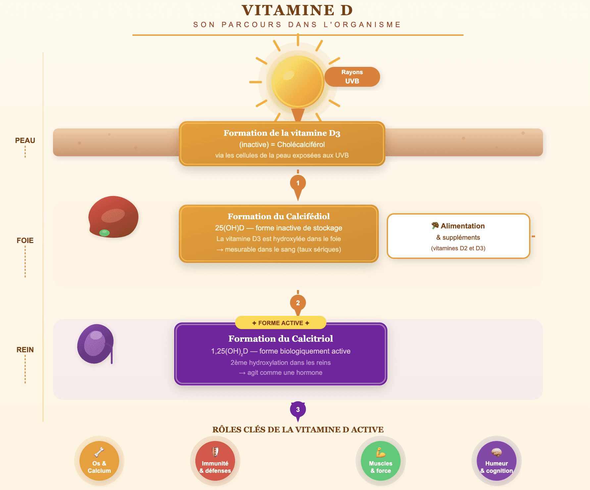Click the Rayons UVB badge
pyautogui.click(x=352, y=77)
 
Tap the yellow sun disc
pyautogui.click(x=297, y=82)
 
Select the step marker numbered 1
pyautogui.click(x=298, y=183)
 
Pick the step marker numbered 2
pyautogui.click(x=298, y=303)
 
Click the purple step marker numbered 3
pyautogui.click(x=298, y=410)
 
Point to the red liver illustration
pyautogui.click(x=113, y=217)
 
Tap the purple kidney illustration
pyautogui.click(x=95, y=344)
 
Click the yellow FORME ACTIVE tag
pyautogui.click(x=280, y=323)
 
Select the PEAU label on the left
pyautogui.click(x=25, y=140)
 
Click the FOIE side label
pyautogui.click(x=25, y=240)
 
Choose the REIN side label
pyautogui.click(x=25, y=350)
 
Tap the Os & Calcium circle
pyautogui.click(x=99, y=461)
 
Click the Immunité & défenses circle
pyautogui.click(x=215, y=461)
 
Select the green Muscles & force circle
pyautogui.click(x=381, y=461)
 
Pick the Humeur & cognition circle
pyautogui.click(x=497, y=461)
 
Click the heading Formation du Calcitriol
pyautogui.click(x=280, y=338)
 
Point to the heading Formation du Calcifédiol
pyautogui.click(x=278, y=216)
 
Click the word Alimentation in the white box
pyautogui.click(x=463, y=226)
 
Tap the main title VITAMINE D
pyautogui.click(x=297, y=10)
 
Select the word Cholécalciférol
pyautogui.click(x=301, y=144)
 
